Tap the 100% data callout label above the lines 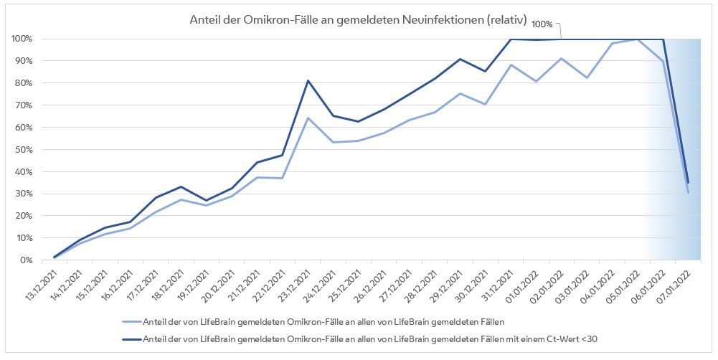(542, 24)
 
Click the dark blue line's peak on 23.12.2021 (308, 80)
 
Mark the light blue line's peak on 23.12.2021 (308, 118)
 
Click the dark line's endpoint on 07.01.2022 (688, 182)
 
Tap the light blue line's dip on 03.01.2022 (586, 77)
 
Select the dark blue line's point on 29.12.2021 (460, 59)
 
